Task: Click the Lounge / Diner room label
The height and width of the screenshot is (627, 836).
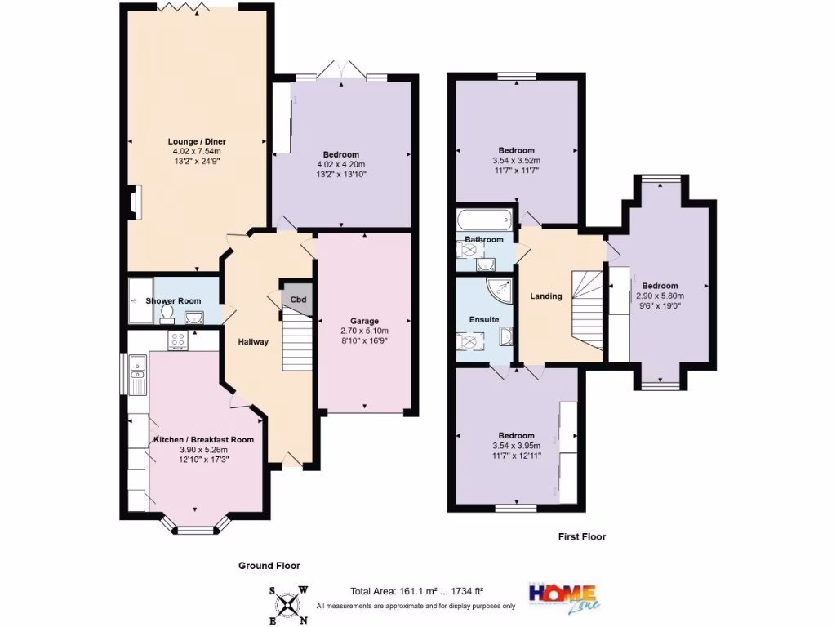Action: click(198, 141)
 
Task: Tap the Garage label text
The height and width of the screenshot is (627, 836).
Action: click(365, 321)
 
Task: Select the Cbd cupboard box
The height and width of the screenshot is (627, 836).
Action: click(299, 299)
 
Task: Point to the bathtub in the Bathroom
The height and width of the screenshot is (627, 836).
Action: click(485, 220)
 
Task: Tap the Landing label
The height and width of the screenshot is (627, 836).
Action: click(546, 296)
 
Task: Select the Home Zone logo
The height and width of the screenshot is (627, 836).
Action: click(563, 595)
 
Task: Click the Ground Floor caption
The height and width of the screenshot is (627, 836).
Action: click(269, 565)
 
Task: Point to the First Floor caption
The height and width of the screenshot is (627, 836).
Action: click(581, 536)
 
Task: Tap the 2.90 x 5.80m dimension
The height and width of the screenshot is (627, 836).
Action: click(660, 296)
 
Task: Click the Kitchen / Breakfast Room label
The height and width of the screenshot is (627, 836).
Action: click(203, 439)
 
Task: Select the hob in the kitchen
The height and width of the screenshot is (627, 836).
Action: click(178, 340)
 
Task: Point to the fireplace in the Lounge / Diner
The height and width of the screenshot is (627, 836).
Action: click(134, 203)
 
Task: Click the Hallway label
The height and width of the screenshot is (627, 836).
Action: click(253, 341)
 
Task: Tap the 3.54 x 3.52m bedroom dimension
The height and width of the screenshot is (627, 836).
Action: click(517, 161)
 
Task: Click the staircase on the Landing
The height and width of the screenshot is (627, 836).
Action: click(585, 306)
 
